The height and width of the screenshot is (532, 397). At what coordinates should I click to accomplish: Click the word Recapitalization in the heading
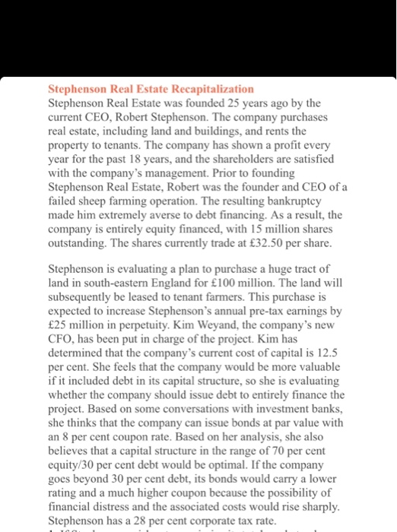coord(209,88)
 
